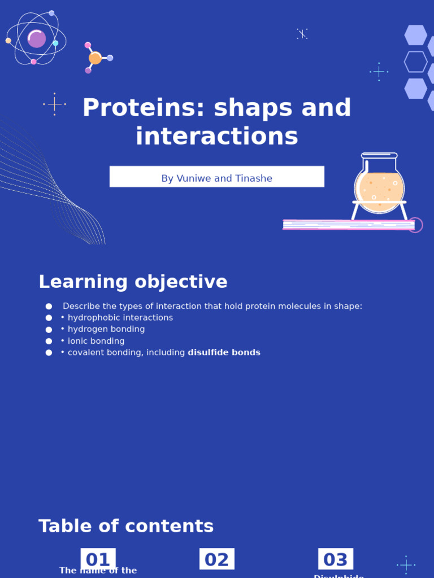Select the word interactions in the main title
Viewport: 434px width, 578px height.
coord(216,137)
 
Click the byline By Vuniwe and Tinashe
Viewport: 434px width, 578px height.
coord(216,178)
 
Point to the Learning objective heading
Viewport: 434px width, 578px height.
coord(133,282)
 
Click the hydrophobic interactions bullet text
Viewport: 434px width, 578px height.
coord(120,318)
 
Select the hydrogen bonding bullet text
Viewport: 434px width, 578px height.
coord(106,330)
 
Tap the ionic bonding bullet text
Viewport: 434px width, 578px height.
coord(96,341)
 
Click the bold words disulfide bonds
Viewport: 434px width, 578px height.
coord(224,353)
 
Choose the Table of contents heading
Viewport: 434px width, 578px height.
coord(126,527)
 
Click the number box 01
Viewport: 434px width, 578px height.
coord(98,559)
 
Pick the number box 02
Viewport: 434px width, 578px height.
coord(216,559)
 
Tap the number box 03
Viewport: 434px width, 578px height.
coord(336,559)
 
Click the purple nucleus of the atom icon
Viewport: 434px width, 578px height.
coord(37,39)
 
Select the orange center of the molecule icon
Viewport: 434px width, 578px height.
coord(95,58)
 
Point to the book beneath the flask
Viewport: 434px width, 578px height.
coord(349,225)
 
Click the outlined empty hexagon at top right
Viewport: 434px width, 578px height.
coord(415,62)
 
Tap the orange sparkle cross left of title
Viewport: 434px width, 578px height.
coord(55,104)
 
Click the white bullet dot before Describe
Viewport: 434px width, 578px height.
coord(49,306)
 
